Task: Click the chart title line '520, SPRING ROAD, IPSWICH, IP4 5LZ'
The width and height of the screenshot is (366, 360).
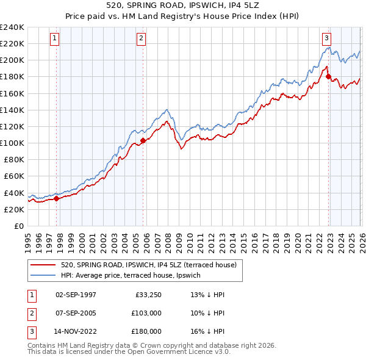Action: point(183,6)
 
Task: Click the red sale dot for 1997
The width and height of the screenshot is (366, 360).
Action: point(57,198)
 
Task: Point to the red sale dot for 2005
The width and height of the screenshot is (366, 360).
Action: point(143,140)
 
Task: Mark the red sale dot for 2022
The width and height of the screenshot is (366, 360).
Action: point(328,76)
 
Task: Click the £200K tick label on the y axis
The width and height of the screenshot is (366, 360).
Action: point(12,60)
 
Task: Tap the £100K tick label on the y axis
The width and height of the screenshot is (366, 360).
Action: point(12,143)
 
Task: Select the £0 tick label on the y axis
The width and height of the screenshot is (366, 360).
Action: point(18,226)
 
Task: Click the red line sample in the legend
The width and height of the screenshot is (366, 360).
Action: point(43,265)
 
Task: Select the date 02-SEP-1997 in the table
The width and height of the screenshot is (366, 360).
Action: point(76,295)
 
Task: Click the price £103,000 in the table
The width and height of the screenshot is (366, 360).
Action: point(146,313)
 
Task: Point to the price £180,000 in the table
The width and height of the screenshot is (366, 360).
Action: point(146,331)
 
